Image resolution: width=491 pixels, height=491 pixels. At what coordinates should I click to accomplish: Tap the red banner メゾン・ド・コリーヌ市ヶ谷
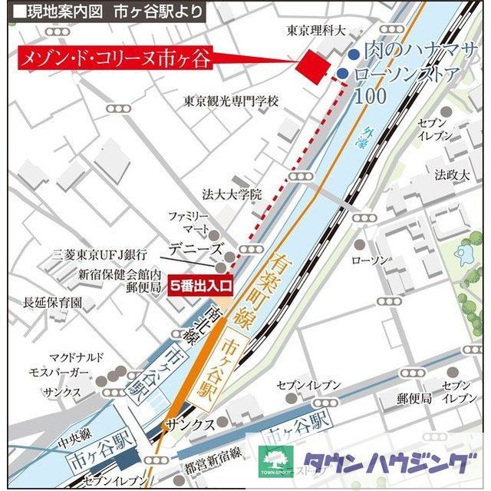116,59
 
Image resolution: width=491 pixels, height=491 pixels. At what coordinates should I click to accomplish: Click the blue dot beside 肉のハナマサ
352,55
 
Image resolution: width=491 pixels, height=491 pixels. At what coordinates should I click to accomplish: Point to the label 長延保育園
53,302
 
